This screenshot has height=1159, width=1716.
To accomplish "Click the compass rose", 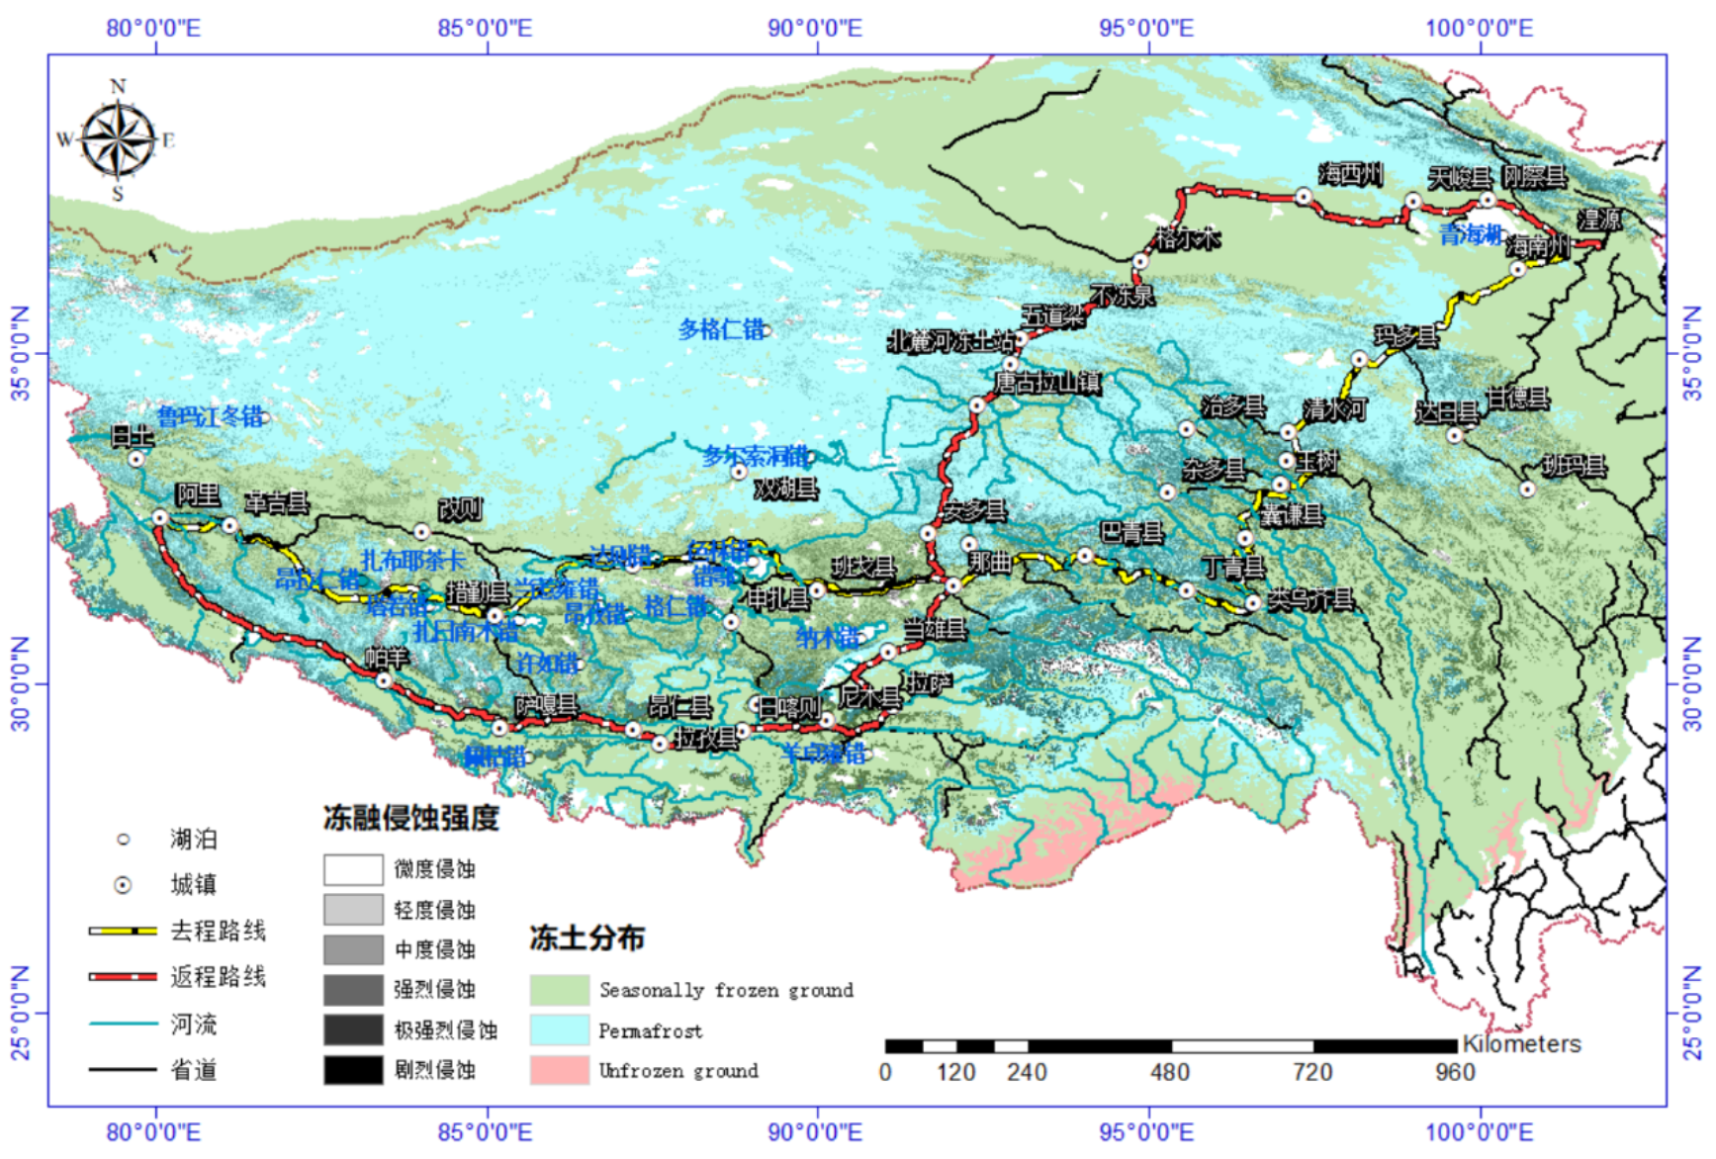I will point(118,139).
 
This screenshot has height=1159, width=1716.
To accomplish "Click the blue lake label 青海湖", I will point(1471,234).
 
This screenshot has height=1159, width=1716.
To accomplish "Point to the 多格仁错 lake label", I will point(721,329).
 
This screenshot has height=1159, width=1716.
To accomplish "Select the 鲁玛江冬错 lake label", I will point(210,416).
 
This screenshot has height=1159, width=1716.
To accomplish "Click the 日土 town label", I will point(133,435).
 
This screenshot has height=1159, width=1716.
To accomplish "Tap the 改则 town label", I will point(460,510).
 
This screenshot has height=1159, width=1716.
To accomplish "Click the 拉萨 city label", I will point(930,682).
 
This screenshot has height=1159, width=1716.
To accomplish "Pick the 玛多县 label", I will point(1405,337).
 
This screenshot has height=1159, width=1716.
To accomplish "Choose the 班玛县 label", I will point(1574,466).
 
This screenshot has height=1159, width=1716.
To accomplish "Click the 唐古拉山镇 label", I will point(1046,382).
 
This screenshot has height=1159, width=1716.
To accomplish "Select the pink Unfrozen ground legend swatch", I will point(559,1070).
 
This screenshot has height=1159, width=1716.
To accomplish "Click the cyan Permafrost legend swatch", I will point(559,1029).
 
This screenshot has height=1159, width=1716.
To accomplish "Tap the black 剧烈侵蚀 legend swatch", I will point(353,1070).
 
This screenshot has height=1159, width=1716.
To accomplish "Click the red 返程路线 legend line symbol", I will point(123,977).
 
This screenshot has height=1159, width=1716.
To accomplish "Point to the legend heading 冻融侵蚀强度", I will point(410,818).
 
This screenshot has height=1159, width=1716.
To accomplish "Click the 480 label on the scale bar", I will point(1169,1072).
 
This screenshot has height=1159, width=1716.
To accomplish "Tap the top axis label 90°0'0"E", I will point(815,28).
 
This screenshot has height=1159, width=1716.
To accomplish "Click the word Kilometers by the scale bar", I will point(1521,1044).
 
